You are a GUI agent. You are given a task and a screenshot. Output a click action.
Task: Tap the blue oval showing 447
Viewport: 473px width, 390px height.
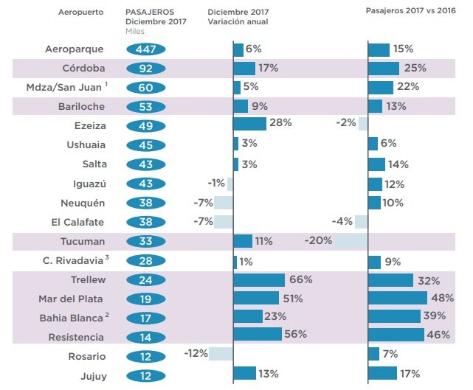pos(146,49)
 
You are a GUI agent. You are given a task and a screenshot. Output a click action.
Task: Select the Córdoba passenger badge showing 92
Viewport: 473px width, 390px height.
pos(146,69)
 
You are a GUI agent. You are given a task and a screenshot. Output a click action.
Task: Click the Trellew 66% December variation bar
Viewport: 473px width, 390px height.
pos(259,280)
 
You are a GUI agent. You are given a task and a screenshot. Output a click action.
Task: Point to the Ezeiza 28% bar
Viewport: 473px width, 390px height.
pos(250,123)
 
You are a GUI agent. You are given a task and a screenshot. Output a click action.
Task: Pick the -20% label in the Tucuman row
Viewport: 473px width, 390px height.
pos(318,241)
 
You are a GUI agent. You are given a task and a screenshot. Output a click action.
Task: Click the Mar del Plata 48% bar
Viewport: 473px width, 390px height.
pos(398,299)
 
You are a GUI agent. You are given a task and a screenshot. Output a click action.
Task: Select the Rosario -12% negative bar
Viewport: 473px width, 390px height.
pos(221,354)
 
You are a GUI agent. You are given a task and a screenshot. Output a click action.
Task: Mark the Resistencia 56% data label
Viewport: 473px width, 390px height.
pos(296,334)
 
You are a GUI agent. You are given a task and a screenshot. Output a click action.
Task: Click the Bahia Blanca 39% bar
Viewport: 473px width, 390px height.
pos(395,316)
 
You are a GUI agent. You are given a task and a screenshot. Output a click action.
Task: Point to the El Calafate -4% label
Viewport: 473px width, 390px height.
pos(342,222)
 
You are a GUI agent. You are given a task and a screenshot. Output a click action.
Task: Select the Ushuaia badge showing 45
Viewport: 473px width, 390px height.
pos(146,145)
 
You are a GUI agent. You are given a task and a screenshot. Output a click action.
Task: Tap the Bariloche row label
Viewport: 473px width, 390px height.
pos(81,107)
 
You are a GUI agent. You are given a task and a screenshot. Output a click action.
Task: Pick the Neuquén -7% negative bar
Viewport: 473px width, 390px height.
pos(224,203)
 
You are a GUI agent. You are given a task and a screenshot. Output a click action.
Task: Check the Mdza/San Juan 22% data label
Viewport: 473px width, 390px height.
pos(407,87)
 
